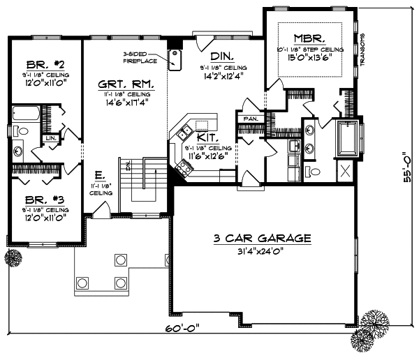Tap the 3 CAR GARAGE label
263,239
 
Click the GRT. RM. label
126,82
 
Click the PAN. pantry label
250,119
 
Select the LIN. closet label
51,139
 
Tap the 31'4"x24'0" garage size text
263,250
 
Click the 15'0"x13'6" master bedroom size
310,57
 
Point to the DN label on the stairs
128,165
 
